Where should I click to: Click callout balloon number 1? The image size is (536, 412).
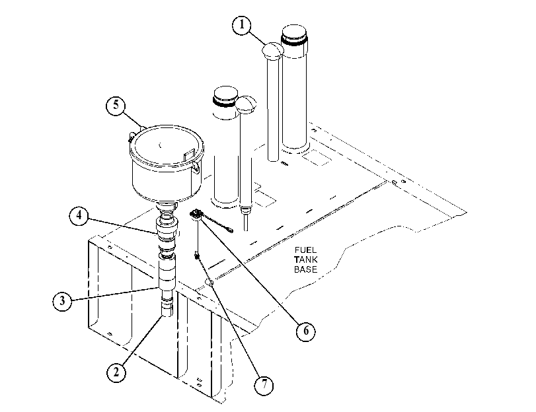click(x=242, y=24)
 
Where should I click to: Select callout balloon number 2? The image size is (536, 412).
click(x=116, y=372)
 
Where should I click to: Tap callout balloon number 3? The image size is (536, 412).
click(x=62, y=301)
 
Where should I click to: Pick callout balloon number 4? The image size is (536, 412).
click(x=79, y=216)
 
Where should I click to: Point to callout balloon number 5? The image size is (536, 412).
click(x=116, y=105)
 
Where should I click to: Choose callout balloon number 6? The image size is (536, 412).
click(x=305, y=331)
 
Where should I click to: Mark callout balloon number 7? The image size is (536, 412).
click(x=264, y=385)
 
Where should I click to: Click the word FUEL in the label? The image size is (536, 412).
click(x=305, y=250)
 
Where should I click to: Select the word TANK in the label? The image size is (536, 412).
click(x=305, y=259)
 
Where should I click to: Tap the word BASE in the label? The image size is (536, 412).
click(x=305, y=269)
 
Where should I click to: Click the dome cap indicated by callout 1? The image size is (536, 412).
click(x=273, y=51)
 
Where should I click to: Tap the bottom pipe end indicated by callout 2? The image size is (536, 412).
click(x=167, y=309)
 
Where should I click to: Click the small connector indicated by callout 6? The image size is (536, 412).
click(x=196, y=214)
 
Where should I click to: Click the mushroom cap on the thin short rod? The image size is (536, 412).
click(x=246, y=105)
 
